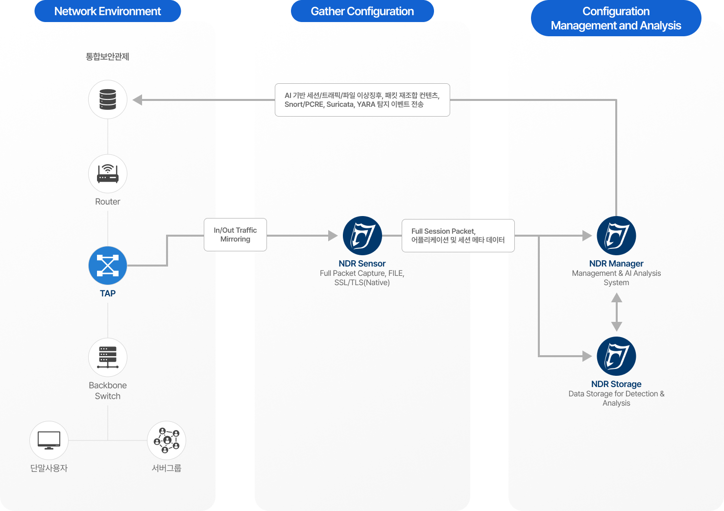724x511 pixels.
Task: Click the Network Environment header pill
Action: click(x=107, y=11)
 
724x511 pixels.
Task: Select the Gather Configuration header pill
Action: click(x=362, y=11)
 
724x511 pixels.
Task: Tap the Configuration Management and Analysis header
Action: click(x=616, y=18)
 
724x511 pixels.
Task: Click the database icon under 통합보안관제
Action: click(x=108, y=99)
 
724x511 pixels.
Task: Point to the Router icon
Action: click(x=108, y=174)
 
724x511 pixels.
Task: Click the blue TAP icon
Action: click(x=108, y=266)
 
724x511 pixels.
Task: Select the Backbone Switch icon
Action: click(x=108, y=357)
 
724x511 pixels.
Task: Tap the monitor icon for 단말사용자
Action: click(x=49, y=440)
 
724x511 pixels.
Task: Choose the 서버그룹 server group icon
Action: click(x=167, y=440)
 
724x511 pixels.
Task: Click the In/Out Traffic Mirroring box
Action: click(x=235, y=235)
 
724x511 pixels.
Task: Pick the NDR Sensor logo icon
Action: click(x=362, y=236)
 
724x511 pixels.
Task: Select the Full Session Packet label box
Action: click(x=458, y=236)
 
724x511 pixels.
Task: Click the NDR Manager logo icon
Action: click(x=616, y=236)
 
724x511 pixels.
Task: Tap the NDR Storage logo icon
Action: click(x=616, y=356)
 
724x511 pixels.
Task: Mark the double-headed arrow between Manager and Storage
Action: click(x=617, y=312)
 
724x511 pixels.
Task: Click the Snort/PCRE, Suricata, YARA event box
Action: click(x=362, y=100)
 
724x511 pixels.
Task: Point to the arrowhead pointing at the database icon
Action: click(x=138, y=100)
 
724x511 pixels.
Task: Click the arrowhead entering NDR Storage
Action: click(x=587, y=356)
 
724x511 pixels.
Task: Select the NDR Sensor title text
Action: click(x=362, y=264)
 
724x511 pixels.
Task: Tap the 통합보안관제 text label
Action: click(x=107, y=57)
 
